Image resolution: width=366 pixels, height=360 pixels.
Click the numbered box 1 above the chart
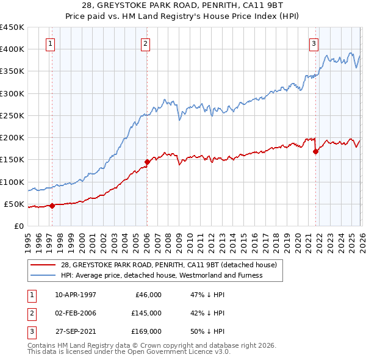click(x=49, y=43)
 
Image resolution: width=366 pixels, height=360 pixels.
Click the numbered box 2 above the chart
click(x=146, y=43)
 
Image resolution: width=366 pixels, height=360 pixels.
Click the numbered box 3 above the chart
click(x=314, y=43)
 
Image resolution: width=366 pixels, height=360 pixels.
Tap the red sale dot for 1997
click(x=52, y=206)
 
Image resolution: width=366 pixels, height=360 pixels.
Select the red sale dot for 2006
click(x=147, y=162)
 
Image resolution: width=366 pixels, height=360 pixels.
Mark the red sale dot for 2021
click(x=315, y=152)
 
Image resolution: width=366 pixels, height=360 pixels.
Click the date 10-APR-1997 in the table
click(x=76, y=295)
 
